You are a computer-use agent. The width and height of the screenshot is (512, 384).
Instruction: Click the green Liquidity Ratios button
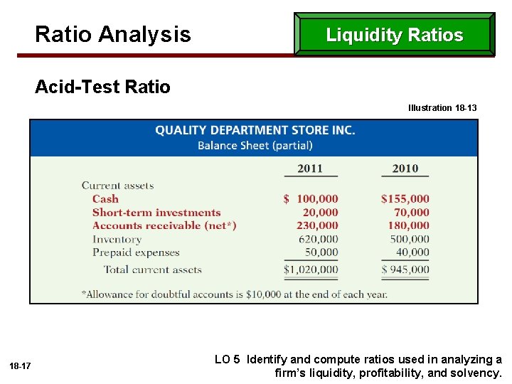[395, 35]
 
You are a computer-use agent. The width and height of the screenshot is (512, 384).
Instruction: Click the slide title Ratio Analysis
[113, 34]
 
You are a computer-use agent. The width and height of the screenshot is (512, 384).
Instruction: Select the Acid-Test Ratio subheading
[103, 87]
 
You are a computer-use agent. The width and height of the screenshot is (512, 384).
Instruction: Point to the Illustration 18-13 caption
[442, 108]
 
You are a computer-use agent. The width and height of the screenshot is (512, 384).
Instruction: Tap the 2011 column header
[310, 169]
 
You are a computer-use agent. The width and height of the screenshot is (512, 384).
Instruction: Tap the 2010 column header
[405, 169]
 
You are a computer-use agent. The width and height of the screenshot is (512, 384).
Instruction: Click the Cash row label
[105, 199]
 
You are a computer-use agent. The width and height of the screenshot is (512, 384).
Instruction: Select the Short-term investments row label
[156, 213]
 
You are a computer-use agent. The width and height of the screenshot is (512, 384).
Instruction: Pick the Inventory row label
[117, 239]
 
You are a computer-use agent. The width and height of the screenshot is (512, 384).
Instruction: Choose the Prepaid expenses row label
[136, 252]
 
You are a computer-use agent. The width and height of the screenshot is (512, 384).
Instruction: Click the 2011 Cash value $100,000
[311, 199]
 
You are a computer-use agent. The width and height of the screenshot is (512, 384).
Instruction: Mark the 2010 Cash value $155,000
[405, 199]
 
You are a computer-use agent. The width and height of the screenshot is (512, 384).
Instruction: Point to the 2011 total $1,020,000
[311, 270]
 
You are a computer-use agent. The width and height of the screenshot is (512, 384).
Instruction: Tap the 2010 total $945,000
[405, 270]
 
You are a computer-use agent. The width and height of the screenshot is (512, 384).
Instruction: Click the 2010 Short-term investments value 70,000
[412, 213]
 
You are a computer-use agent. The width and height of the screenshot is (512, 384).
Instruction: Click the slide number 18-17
[20, 366]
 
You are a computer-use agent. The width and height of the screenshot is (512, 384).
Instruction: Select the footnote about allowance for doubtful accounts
[235, 294]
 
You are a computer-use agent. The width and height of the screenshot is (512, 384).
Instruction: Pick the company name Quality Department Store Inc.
[255, 130]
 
